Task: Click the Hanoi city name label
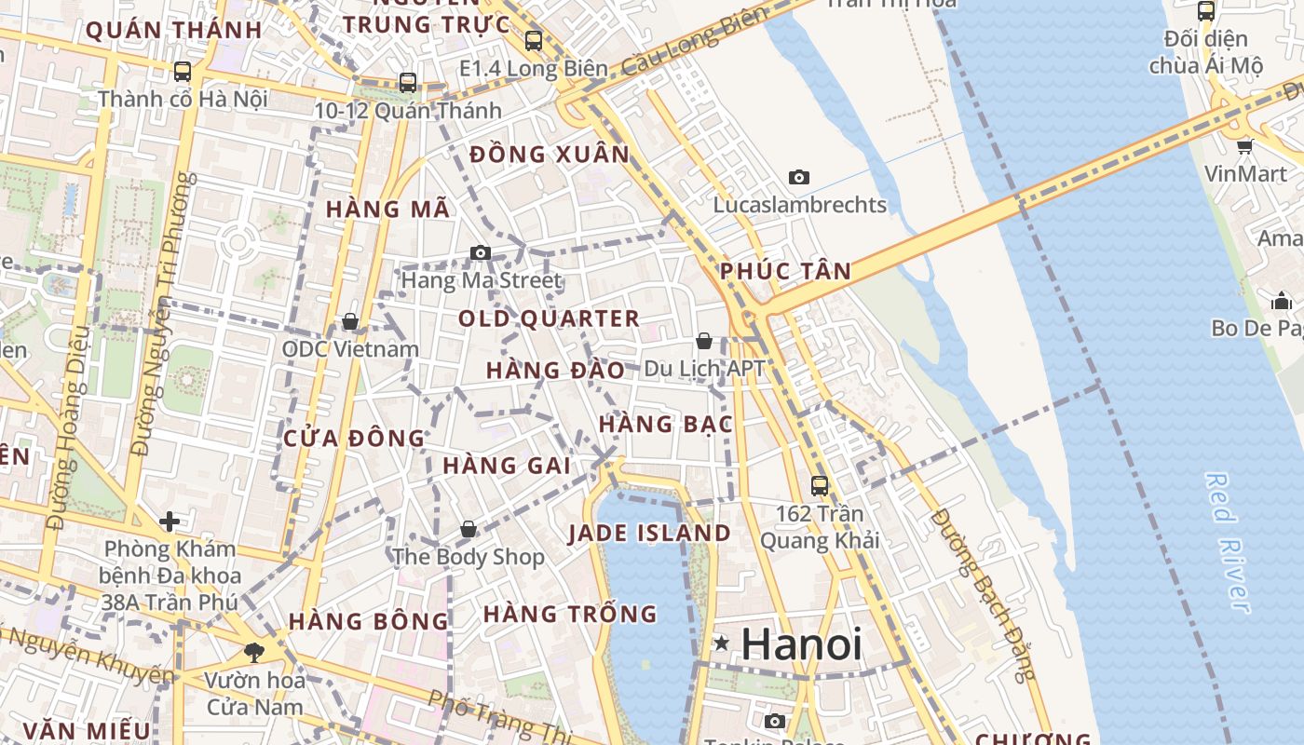tap(802, 644)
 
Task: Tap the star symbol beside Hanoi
tap(721, 643)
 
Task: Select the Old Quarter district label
tap(549, 318)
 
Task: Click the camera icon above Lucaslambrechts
tap(798, 177)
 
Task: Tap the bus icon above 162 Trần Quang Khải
tap(820, 485)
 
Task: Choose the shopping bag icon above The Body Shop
tap(469, 529)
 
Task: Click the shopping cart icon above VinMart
tap(1244, 146)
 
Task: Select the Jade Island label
tap(649, 534)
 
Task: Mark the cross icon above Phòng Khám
tap(169, 521)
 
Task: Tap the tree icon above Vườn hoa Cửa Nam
tap(253, 652)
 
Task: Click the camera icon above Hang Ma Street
tap(480, 252)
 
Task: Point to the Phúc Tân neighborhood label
tap(785, 272)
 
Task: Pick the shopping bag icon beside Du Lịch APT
tap(704, 341)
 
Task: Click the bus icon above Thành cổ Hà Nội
tap(183, 71)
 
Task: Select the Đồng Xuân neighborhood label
tap(550, 155)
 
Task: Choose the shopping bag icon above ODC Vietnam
tap(350, 321)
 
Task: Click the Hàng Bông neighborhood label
tap(368, 621)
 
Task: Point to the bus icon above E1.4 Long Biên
tap(533, 40)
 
